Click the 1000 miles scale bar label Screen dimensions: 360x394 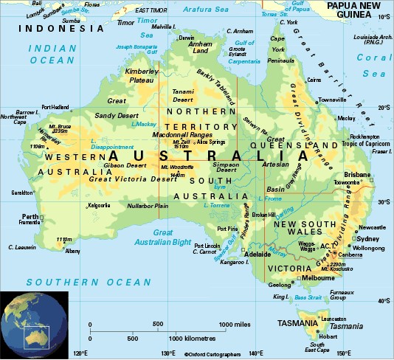click(x=236, y=325)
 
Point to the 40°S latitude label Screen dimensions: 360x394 click(x=383, y=301)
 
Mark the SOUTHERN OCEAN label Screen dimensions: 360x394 click(x=89, y=282)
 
